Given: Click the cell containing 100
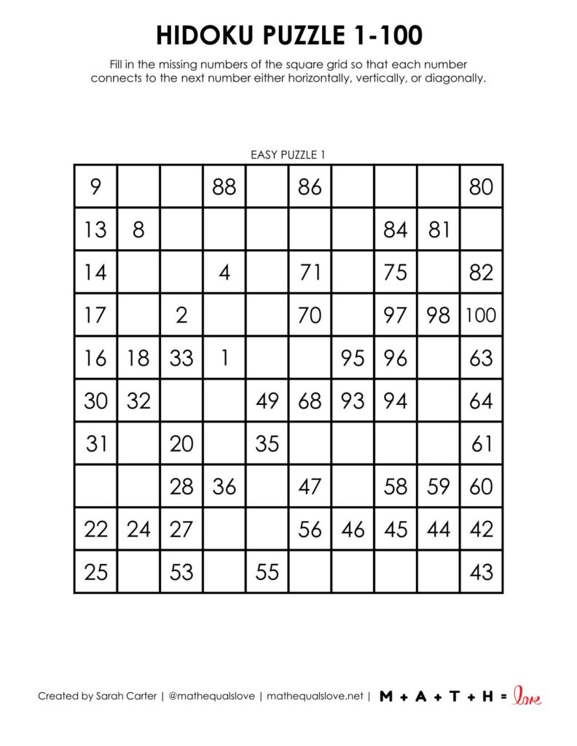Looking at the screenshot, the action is tap(481, 315).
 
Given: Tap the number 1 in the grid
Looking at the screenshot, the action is tap(224, 358).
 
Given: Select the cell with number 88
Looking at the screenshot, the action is tap(224, 187).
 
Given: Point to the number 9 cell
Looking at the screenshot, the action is tap(95, 187).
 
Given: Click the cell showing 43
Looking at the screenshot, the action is tap(481, 572).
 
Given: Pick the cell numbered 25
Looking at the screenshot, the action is tap(95, 572).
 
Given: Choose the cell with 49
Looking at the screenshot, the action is tap(267, 401).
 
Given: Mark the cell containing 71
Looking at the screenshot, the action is tap(310, 272).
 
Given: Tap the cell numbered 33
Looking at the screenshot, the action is tap(181, 358).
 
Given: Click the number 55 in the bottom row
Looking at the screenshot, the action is tap(267, 572).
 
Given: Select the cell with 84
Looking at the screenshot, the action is tap(396, 230).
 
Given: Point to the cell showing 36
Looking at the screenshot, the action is tap(224, 486).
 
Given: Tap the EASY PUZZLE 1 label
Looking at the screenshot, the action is tap(288, 154).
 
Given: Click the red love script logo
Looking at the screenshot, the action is tap(527, 696).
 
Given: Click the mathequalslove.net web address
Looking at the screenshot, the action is tap(315, 696).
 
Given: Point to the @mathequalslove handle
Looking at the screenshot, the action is tap(211, 696).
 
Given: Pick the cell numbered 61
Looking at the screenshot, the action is tap(481, 443).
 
